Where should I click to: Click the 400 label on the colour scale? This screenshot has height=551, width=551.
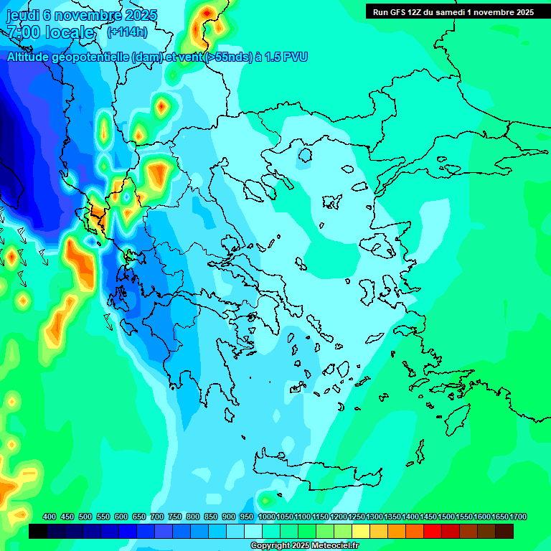pyautogui.click(x=50, y=517)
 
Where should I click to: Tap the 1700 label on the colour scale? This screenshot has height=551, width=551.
pyautogui.click(x=518, y=517)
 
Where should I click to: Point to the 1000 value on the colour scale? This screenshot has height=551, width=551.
pyautogui.click(x=267, y=517)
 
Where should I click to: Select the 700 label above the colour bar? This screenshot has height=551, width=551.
pyautogui.click(x=157, y=517)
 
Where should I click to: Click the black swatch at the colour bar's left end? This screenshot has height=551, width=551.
pyautogui.click(x=38, y=532)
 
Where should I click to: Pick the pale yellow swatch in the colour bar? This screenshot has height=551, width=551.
pyautogui.click(x=361, y=532)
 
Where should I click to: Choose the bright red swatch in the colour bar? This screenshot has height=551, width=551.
pyautogui.click(x=433, y=532)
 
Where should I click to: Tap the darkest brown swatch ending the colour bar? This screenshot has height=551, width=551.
pyautogui.click(x=504, y=532)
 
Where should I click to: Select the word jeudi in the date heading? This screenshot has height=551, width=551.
pyautogui.click(x=24, y=14)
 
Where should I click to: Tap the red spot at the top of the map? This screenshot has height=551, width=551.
pyautogui.click(x=207, y=12)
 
